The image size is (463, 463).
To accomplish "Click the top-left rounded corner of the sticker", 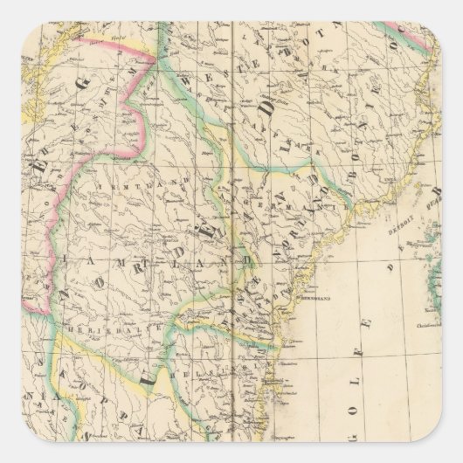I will click(x=7, y=7).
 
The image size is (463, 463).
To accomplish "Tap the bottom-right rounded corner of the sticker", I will click(x=456, y=456).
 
